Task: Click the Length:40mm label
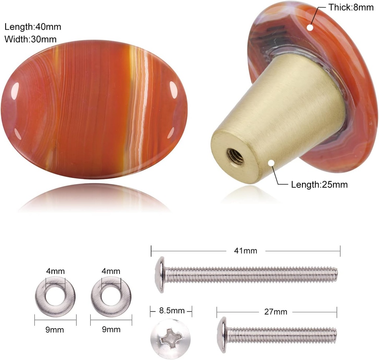[33, 27]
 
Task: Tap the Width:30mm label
[30, 39]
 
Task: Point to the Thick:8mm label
[351, 7]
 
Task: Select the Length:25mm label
[319, 185]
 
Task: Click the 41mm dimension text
[245, 251]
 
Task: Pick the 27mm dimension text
[275, 312]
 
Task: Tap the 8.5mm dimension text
[172, 310]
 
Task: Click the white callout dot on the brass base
[271, 163]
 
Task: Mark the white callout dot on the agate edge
[310, 27]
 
